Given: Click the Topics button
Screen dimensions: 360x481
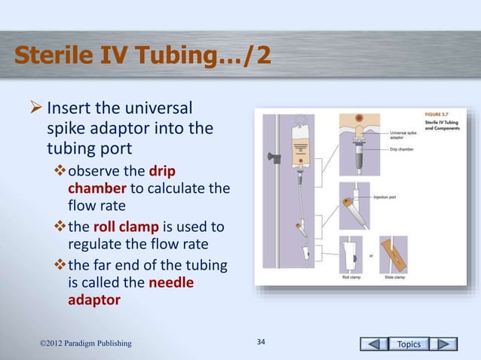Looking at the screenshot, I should (x=412, y=344).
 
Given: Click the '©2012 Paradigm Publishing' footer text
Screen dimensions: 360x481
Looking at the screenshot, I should (x=85, y=344).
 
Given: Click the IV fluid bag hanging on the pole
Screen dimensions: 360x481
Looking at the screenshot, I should (x=301, y=151).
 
